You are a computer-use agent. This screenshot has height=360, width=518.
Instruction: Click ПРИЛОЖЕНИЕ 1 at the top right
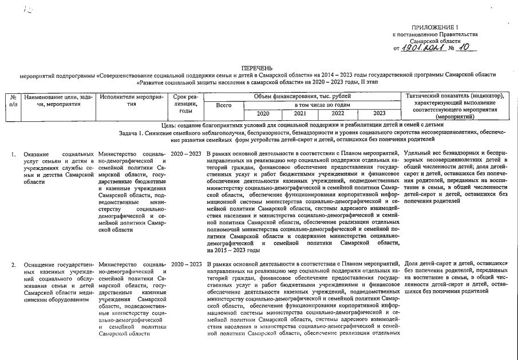click(434, 27)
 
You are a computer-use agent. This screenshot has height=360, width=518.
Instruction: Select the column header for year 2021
click(300, 113)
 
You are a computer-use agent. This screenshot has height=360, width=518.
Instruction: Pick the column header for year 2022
click(338, 113)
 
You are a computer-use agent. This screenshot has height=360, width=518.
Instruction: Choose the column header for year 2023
click(379, 113)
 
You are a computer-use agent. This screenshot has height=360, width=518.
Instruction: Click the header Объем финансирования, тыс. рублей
click(302, 96)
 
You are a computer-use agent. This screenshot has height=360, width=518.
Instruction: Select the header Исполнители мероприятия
click(132, 101)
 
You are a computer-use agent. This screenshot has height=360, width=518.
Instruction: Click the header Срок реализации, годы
click(185, 105)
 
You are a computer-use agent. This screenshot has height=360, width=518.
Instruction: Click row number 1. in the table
click(13, 155)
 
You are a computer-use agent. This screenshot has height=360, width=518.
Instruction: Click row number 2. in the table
click(13, 264)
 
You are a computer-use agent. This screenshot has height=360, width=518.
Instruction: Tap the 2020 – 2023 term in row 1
click(186, 155)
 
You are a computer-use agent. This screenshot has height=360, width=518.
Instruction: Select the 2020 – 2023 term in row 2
click(186, 264)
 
